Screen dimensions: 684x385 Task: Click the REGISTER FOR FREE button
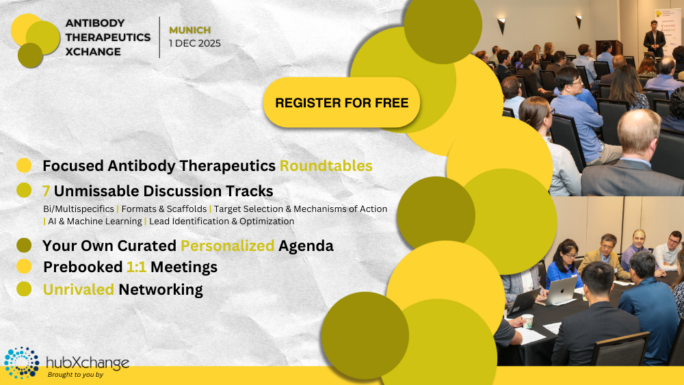point(341,103)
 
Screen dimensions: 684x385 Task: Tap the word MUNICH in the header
point(189,30)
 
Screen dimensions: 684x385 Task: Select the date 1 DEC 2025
point(195,43)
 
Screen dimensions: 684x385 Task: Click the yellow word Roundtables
point(326,165)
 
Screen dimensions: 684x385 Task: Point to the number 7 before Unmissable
point(46,191)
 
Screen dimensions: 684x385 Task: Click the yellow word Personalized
point(227,246)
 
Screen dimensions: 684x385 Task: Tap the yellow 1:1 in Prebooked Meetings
point(136,267)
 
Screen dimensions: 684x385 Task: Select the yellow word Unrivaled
point(79,289)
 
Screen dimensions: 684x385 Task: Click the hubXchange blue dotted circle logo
point(21,362)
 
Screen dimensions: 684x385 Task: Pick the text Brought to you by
point(75,375)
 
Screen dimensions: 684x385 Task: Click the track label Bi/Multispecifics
point(79,209)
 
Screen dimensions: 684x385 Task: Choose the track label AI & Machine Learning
point(95,221)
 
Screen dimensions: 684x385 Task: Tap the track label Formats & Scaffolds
point(164,209)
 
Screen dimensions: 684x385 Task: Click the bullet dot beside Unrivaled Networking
point(24,289)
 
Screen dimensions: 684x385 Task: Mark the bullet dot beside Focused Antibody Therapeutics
point(24,165)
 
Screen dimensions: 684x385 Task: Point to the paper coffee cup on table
point(527,321)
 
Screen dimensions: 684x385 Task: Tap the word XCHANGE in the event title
point(93,51)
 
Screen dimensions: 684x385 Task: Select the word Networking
point(161,289)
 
